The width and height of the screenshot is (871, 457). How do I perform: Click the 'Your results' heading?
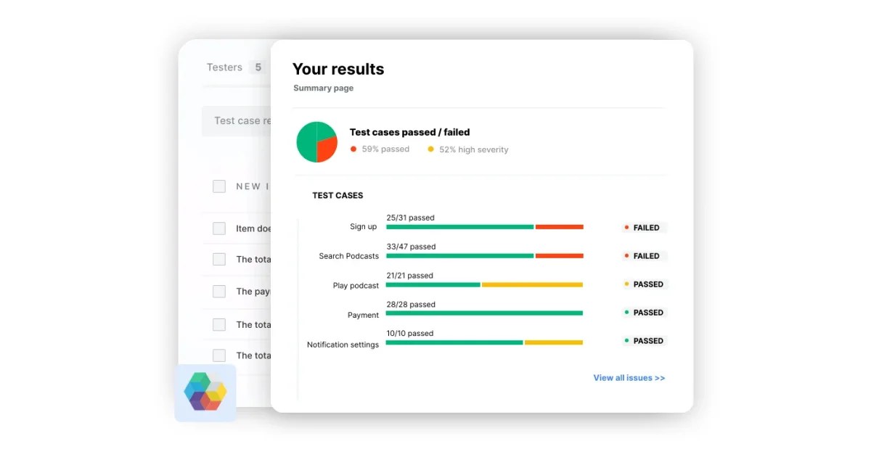(338, 70)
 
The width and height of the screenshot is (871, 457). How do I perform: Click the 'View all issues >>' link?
(629, 378)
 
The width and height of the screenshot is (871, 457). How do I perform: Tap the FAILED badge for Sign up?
(645, 228)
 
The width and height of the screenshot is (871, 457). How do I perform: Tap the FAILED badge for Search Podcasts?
(645, 256)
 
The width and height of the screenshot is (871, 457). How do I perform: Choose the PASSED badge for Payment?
(645, 313)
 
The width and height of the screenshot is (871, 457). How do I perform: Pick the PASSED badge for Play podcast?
(645, 284)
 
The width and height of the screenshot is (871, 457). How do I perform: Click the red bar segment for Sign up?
(560, 227)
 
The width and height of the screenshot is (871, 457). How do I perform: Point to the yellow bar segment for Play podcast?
(532, 285)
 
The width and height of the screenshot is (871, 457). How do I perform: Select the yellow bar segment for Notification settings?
(553, 342)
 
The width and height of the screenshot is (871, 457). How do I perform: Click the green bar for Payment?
(484, 313)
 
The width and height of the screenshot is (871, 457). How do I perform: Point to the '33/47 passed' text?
(411, 247)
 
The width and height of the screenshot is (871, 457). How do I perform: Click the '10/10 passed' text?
(409, 334)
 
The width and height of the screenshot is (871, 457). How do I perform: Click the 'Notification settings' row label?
(343, 345)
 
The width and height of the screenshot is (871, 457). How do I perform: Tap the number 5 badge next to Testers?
(258, 67)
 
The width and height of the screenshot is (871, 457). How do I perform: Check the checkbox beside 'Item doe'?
(219, 228)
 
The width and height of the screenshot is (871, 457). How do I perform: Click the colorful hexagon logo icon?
(205, 392)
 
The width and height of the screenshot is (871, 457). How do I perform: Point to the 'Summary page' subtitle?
(323, 88)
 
